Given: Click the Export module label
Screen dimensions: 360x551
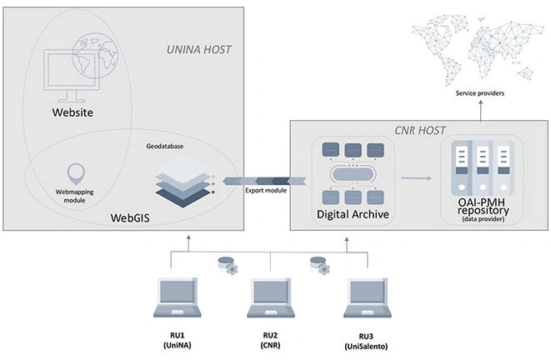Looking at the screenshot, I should (x=265, y=190).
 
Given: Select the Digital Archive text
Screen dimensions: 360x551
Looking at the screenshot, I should (x=353, y=215).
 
